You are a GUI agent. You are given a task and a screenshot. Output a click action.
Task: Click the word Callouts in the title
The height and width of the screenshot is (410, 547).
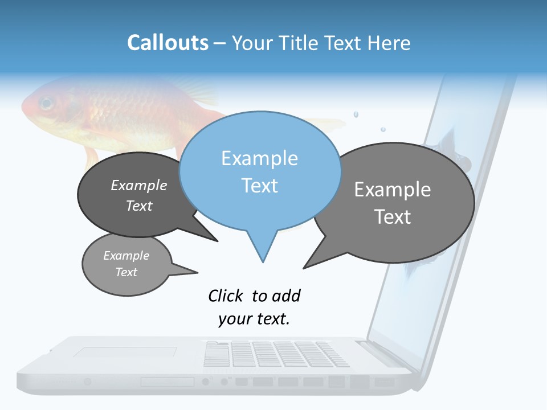(168, 43)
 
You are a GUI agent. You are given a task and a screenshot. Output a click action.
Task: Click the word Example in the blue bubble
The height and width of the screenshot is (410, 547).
(259, 158)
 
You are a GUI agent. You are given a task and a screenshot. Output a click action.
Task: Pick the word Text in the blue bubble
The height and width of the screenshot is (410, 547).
(259, 186)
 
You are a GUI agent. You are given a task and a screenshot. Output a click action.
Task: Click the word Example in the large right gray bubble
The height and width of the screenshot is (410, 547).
(393, 190)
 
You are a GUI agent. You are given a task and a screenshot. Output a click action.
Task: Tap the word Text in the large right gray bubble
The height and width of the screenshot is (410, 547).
(393, 217)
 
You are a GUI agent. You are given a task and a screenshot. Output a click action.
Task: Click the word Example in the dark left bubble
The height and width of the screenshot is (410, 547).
(139, 185)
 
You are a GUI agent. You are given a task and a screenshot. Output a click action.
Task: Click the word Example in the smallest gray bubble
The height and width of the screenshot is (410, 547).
(126, 256)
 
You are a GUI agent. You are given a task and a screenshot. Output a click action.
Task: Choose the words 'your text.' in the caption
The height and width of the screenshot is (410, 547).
(254, 319)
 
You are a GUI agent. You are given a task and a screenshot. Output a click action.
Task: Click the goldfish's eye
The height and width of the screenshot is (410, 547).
(46, 104)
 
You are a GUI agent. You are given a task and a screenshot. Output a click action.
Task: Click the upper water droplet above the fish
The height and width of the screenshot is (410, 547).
(356, 114)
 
